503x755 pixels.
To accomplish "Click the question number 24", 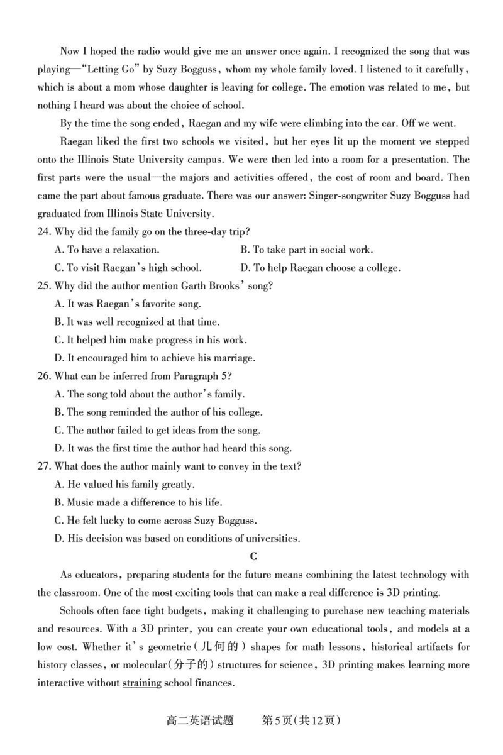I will point(44,231).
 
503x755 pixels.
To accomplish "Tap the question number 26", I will point(44,377).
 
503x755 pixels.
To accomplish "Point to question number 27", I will point(44,466).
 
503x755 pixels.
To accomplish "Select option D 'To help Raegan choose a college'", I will point(321,268).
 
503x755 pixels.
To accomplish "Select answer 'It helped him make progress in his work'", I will point(151,340).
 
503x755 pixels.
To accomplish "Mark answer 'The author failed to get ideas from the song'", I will point(157,431).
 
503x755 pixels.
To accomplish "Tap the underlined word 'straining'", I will point(141,683).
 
